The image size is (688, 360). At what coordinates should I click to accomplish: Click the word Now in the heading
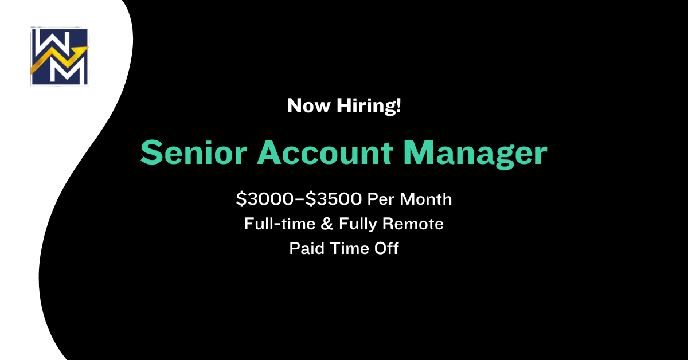coord(308,105)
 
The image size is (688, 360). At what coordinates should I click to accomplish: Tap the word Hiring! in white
coord(369,106)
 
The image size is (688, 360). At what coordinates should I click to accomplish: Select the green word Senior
coord(194,152)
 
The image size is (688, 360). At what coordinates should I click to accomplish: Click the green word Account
coord(325,152)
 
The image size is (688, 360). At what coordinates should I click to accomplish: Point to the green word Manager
coord(475,154)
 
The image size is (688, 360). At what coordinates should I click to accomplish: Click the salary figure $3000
coord(265,199)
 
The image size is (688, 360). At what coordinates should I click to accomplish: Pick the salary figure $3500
coord(334,199)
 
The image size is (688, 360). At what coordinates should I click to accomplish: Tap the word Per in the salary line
coord(381,199)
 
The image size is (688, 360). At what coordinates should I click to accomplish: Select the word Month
coord(425,199)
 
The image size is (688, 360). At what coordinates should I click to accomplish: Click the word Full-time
coord(280,224)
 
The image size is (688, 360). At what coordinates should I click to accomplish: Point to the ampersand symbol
coord(327,224)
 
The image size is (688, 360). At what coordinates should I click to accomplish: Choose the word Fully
coord(358,224)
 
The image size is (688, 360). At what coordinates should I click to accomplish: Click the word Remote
coord(413,224)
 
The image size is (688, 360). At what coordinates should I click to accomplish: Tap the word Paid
coord(307,248)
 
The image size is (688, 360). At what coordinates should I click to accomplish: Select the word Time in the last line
coord(349,248)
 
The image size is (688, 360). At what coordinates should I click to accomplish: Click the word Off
coord(386,248)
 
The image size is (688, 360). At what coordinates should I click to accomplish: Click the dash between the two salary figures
coord(299,199)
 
